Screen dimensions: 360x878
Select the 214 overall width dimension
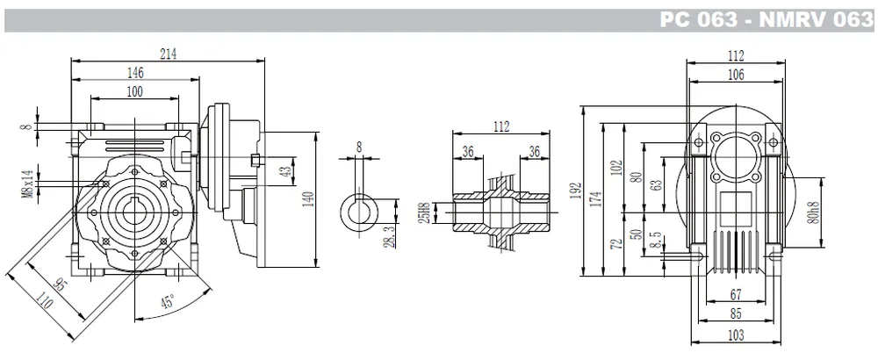pyautogui.click(x=168, y=54)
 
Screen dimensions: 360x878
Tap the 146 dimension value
pyautogui.click(x=135, y=73)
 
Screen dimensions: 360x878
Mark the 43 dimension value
pyautogui.click(x=284, y=172)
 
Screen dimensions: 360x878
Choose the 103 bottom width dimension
pyautogui.click(x=736, y=335)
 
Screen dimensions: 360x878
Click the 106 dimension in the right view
pyautogui.click(x=736, y=76)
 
